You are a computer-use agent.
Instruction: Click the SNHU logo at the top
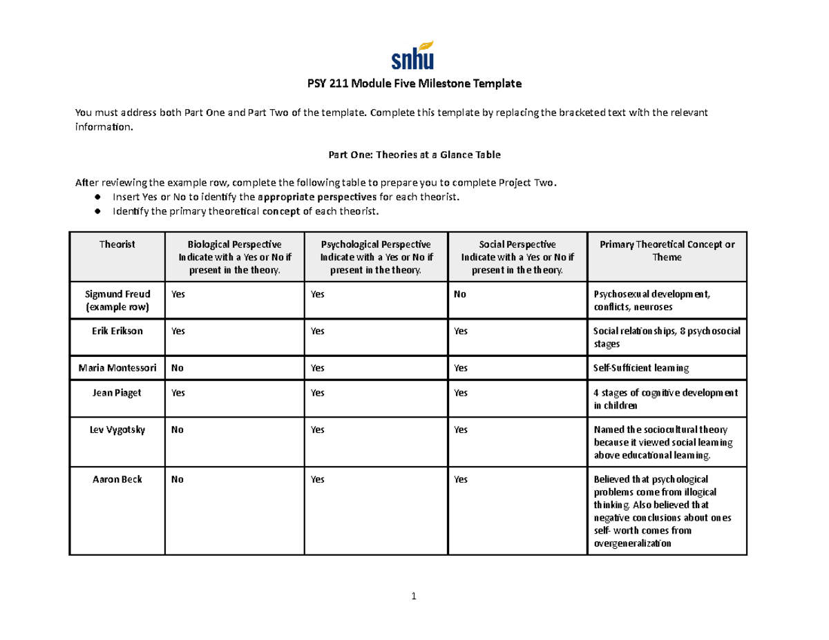point(414,55)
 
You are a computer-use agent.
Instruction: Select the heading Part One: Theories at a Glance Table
point(414,155)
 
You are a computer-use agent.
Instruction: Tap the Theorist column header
point(117,244)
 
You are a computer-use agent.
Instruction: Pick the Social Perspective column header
point(517,257)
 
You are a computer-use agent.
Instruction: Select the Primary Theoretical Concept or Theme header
point(667,251)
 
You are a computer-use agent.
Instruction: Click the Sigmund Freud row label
point(117,300)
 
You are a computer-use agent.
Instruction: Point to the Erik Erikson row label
point(117,331)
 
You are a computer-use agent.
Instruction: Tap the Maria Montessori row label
point(117,368)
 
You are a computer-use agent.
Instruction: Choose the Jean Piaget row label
point(117,393)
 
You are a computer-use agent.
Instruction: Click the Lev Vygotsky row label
point(117,429)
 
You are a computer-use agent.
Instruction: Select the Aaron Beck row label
point(117,479)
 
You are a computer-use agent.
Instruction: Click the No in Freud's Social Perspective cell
point(460,294)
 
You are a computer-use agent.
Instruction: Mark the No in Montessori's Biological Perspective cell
point(178,368)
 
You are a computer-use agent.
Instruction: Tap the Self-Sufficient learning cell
point(641,368)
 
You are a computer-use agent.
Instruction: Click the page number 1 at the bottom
point(414,597)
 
